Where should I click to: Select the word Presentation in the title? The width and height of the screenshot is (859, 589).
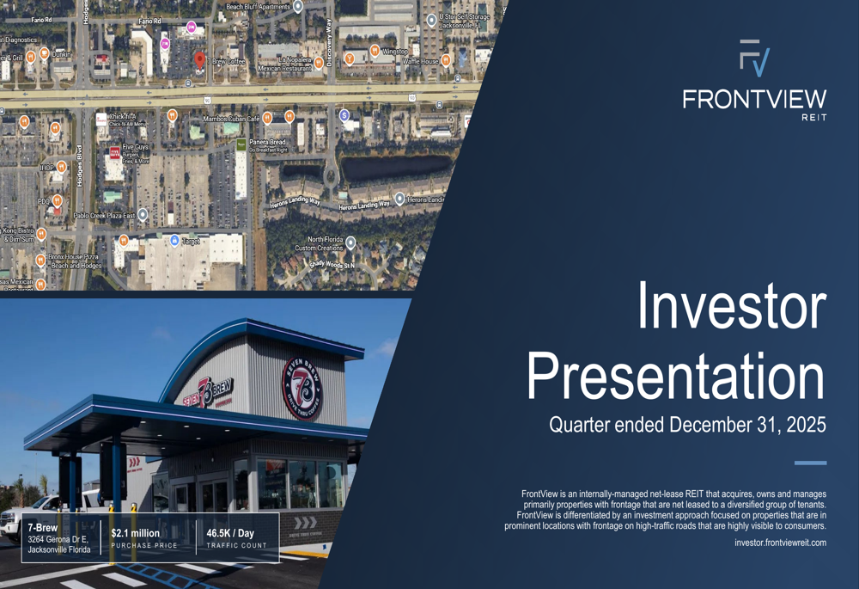(x=675, y=376)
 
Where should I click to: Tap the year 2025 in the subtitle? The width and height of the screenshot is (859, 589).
(x=806, y=425)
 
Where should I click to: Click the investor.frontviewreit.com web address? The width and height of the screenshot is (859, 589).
(x=780, y=543)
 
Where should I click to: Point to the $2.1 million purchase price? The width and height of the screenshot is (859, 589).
(x=135, y=533)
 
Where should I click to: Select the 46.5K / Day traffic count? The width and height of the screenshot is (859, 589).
(x=230, y=533)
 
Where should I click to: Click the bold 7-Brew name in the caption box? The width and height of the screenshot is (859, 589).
(x=42, y=527)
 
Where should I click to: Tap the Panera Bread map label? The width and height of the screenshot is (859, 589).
(x=267, y=142)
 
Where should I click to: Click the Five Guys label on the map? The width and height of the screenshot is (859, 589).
(x=135, y=148)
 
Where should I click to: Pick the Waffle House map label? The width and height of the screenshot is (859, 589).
(x=421, y=62)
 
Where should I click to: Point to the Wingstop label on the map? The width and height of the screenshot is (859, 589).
(x=395, y=52)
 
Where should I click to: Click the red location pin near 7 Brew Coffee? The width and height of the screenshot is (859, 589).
(x=199, y=59)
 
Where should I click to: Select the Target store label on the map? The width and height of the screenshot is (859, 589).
(x=191, y=242)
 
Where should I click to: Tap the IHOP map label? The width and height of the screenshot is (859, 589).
(x=46, y=168)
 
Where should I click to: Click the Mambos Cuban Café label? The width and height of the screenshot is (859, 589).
(x=231, y=119)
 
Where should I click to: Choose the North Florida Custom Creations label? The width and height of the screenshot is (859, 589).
(x=319, y=244)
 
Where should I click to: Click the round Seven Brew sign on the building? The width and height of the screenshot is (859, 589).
(x=302, y=388)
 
